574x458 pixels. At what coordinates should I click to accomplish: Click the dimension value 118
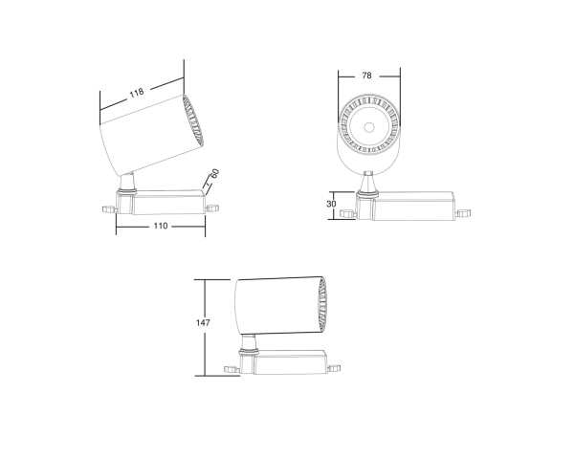coord(136,93)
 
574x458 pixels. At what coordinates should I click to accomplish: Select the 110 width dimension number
coord(160,227)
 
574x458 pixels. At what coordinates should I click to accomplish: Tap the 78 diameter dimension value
coord(367,76)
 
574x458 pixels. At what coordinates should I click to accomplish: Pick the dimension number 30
coord(332,204)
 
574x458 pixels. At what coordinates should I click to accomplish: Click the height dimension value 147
coord(202,323)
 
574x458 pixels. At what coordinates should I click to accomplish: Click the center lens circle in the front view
coord(367,125)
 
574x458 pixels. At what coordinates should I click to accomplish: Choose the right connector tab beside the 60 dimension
coord(213,204)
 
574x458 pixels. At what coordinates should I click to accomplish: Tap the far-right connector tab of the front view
coord(465,213)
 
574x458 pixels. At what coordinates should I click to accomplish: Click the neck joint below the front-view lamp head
coord(367,180)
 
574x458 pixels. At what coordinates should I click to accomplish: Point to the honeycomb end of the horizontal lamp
coord(322,305)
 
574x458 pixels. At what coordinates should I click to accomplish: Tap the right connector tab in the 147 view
coord(336,365)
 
